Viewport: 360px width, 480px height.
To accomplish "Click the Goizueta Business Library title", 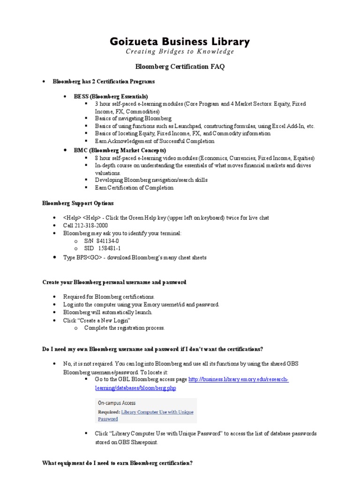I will (180, 41).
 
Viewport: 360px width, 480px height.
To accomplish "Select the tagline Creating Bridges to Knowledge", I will (180, 52).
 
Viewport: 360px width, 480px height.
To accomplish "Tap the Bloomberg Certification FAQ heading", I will (180, 67).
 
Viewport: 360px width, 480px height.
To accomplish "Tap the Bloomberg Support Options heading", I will (77, 203).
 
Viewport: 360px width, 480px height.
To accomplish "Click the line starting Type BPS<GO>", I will (135, 257).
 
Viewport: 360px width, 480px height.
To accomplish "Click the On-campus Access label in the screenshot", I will (116, 403).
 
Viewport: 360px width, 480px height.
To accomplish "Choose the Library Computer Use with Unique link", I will (157, 412).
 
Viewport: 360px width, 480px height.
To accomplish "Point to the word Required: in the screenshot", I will (109, 412).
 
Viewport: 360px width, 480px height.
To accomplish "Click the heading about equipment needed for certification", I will (117, 463).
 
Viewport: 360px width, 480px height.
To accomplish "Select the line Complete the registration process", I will (124, 328).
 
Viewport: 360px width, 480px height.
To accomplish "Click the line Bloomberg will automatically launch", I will (108, 312).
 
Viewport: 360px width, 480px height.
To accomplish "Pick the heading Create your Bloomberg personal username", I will (114, 282).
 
